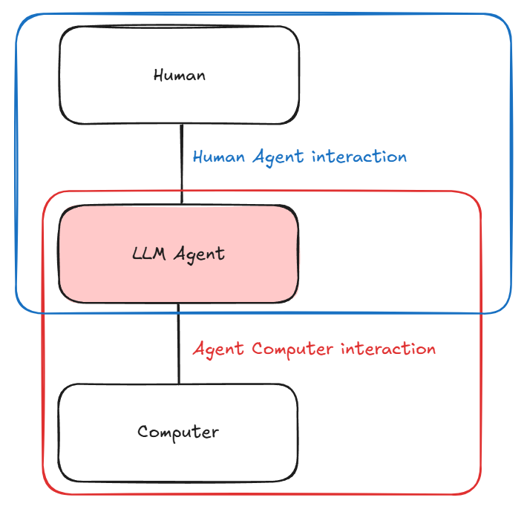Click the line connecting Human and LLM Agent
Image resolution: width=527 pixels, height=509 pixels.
(182, 163)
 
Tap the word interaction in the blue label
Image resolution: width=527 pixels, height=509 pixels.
(359, 157)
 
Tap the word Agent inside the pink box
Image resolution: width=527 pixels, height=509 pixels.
(199, 254)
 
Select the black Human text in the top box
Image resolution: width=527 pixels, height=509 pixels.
(179, 75)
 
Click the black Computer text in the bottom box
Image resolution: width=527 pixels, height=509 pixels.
(178, 432)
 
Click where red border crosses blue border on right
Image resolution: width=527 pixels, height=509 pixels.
(482, 312)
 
